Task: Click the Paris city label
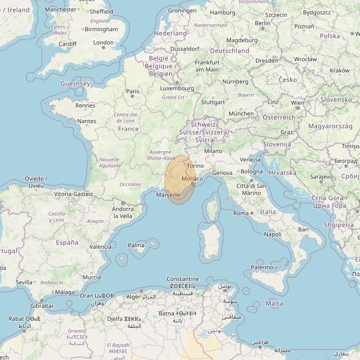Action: click(x=133, y=91)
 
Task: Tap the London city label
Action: click(x=103, y=43)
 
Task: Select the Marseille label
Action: click(x=168, y=195)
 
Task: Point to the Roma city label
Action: click(x=241, y=213)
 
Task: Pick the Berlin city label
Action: click(x=263, y=23)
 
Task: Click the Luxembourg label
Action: click(x=177, y=88)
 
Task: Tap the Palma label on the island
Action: click(x=136, y=245)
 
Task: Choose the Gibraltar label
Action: click(x=41, y=306)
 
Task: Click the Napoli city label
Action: click(x=273, y=234)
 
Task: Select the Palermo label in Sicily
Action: click(x=262, y=267)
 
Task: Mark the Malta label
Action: click(x=275, y=304)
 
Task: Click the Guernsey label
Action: click(x=75, y=84)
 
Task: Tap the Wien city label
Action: click(x=297, y=103)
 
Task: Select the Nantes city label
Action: click(x=86, y=121)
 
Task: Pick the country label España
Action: click(x=67, y=242)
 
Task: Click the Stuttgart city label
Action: click(x=213, y=102)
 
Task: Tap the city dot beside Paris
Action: click(x=132, y=96)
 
